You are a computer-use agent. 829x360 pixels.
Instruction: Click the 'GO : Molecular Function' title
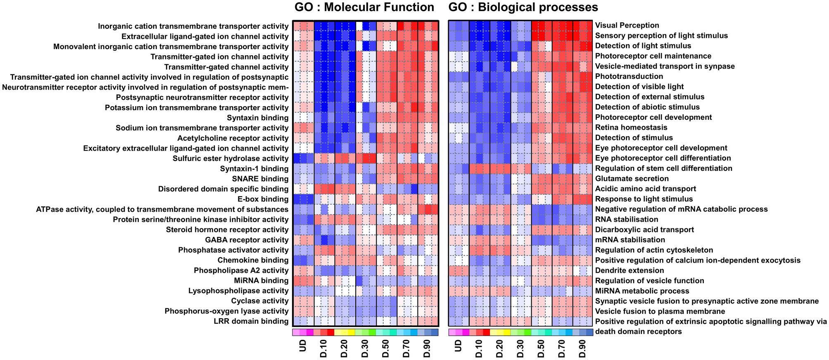(x=364, y=7)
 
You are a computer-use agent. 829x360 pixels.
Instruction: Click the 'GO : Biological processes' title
(x=523, y=7)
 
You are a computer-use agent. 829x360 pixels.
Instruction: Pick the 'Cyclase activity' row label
(x=259, y=301)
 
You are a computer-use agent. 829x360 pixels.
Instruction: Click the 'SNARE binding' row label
(x=260, y=179)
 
